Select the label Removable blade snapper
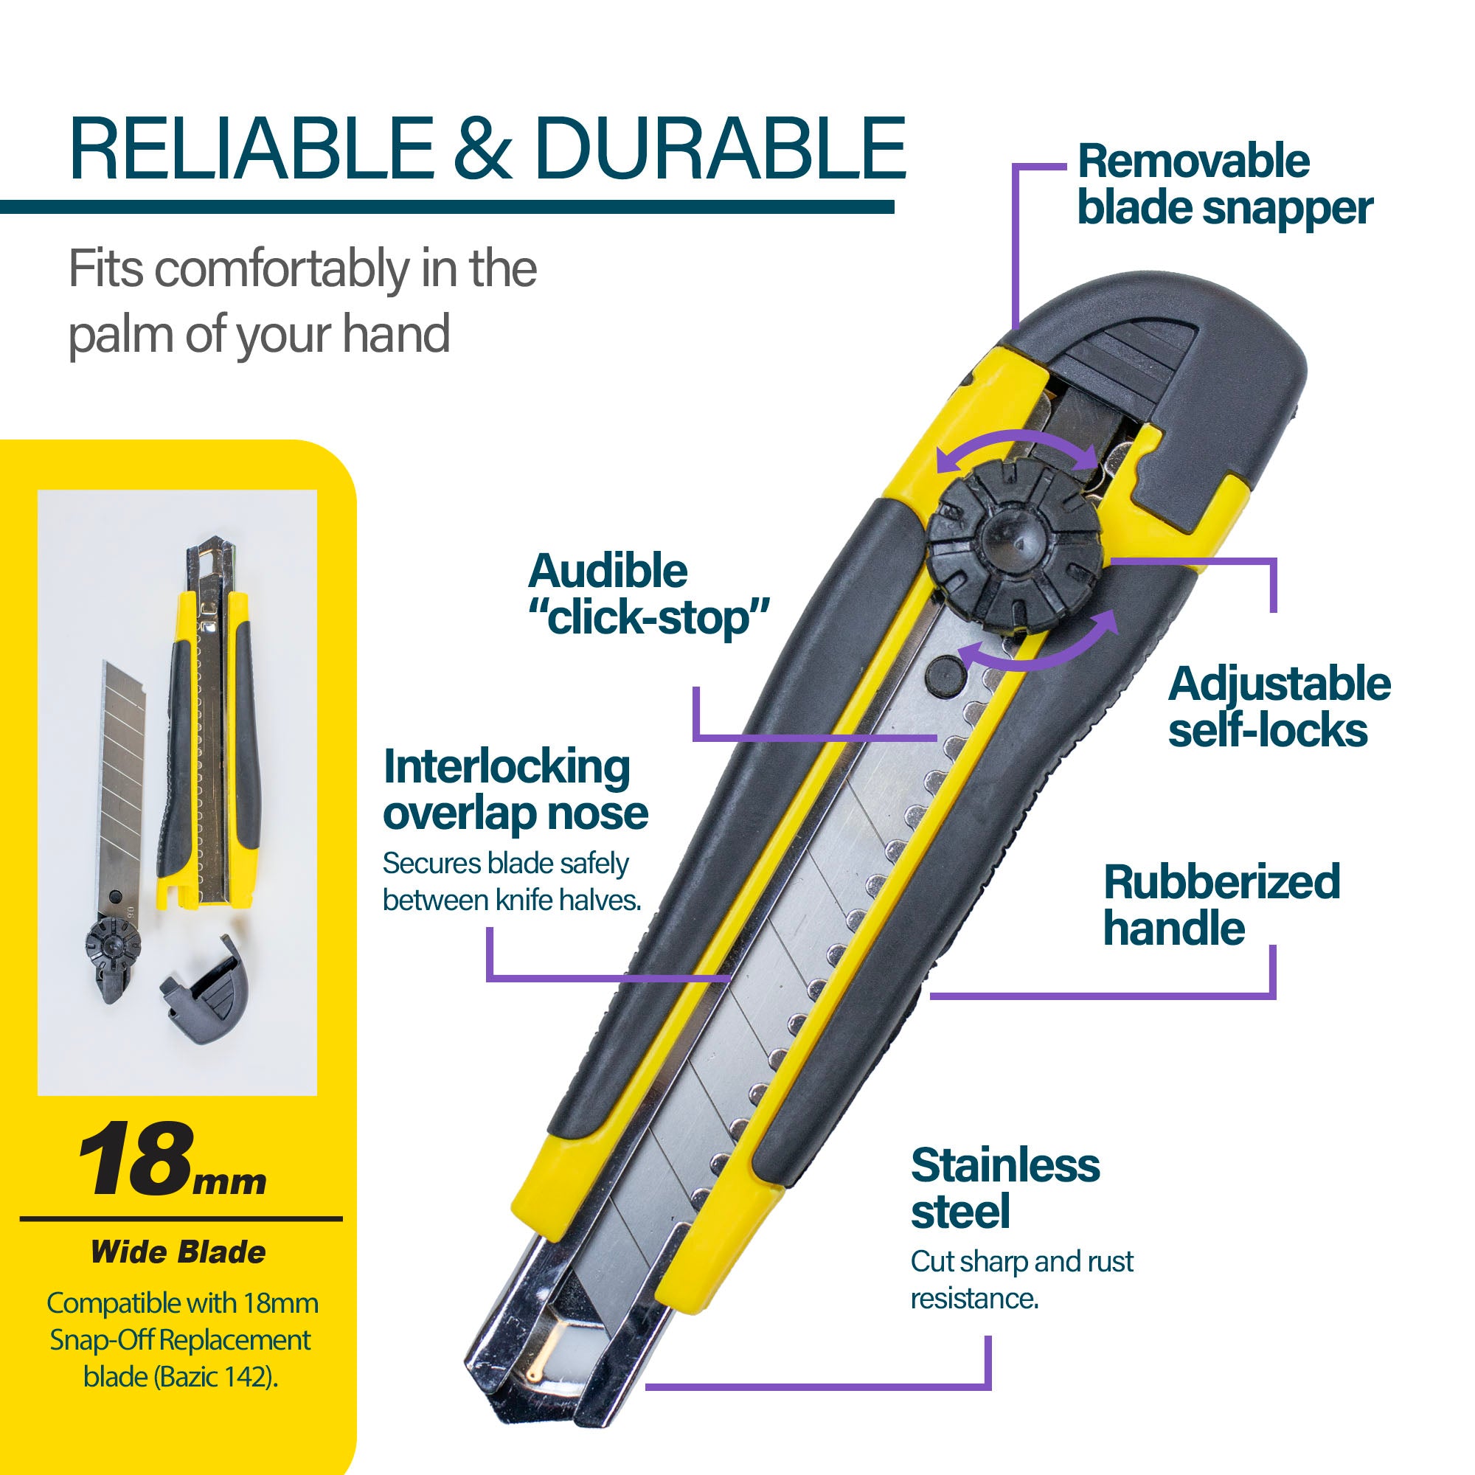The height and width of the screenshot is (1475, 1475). pos(1224,185)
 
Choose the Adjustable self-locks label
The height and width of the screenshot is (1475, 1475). pos(1280,707)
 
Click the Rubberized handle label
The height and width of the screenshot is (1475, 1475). pos(1221,905)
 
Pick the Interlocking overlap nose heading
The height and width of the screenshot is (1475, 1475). pos(516,790)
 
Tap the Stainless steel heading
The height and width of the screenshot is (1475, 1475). pos(1005,1189)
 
